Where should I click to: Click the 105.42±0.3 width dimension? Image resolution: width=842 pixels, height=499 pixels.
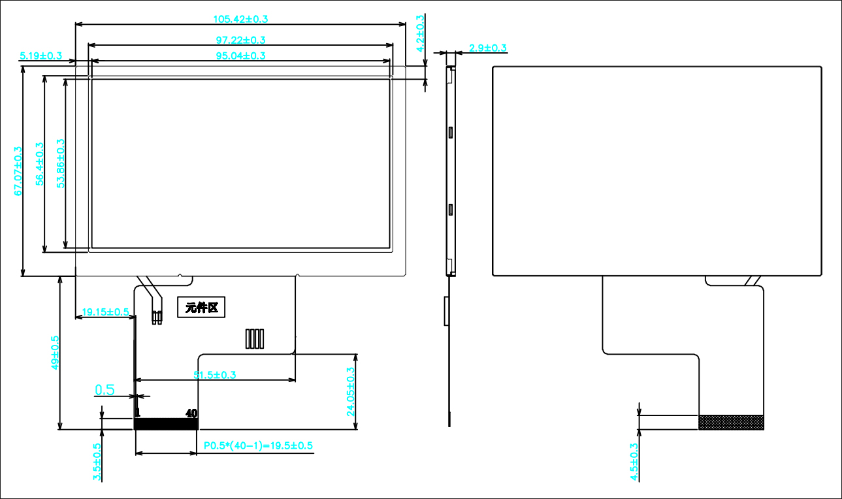tap(240, 19)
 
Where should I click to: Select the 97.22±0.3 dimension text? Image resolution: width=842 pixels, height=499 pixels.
tap(240, 40)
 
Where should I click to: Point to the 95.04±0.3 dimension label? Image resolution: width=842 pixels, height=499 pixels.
tap(240, 56)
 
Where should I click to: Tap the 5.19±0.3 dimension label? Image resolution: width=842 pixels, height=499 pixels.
tap(40, 56)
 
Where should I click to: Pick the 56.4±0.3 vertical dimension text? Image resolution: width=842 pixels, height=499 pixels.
tap(40, 164)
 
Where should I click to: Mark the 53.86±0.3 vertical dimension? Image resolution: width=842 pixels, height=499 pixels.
tap(61, 164)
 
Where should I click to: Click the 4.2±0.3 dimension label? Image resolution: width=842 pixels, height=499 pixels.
tap(421, 33)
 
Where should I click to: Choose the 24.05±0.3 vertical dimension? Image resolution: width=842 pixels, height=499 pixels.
tap(350, 392)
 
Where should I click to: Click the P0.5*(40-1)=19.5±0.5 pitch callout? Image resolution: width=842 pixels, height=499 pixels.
tap(258, 445)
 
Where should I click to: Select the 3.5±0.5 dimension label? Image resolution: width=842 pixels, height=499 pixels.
tap(97, 462)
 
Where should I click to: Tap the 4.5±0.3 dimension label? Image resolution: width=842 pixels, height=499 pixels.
tap(633, 462)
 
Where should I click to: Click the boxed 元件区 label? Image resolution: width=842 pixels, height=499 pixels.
tap(202, 307)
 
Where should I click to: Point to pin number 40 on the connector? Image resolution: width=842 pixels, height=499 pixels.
tap(191, 413)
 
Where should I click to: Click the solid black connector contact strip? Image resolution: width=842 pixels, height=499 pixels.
tap(166, 424)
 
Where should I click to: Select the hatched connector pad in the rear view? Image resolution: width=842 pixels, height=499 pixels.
tap(731, 422)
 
